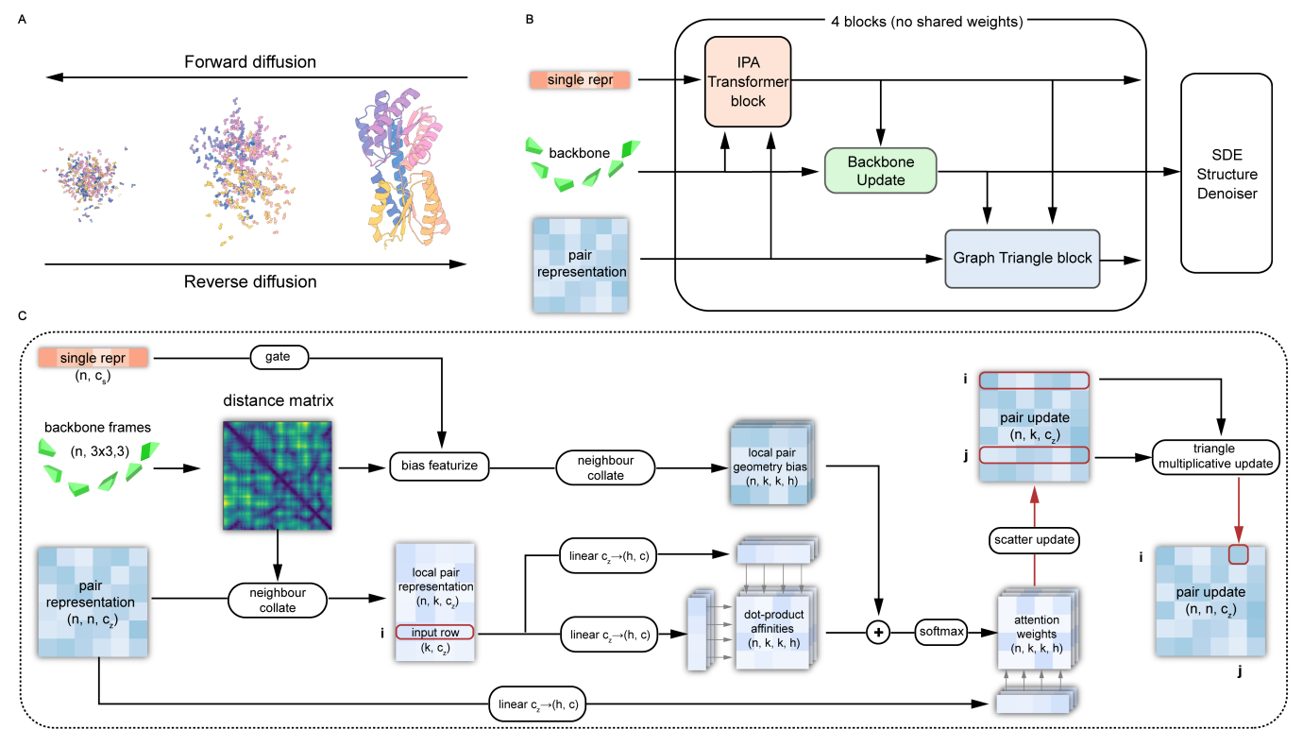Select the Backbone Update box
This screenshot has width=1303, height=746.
[x=879, y=170]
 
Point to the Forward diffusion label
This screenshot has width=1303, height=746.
[x=249, y=62]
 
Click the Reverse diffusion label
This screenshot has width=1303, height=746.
[x=250, y=281]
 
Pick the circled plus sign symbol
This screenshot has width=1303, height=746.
[x=879, y=632]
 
